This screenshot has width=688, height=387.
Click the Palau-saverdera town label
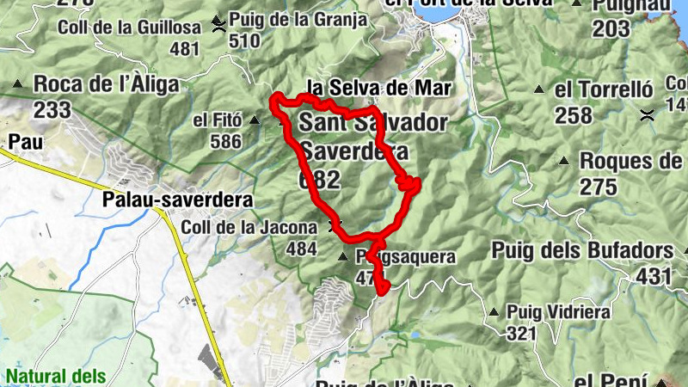pyautogui.click(x=176, y=200)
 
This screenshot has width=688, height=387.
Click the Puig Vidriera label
pyautogui.click(x=557, y=311)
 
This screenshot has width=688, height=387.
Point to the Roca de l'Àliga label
pyautogui.click(x=107, y=84)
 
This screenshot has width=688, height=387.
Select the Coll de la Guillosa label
pyautogui.click(x=129, y=28)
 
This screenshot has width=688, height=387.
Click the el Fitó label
pyautogui.click(x=216, y=120)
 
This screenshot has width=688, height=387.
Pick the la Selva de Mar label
pyautogui.click(x=379, y=87)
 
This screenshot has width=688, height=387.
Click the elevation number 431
pyautogui.click(x=654, y=276)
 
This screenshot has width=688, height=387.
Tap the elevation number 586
pyautogui.click(x=225, y=141)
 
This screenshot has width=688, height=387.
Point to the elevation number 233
pyautogui.click(x=52, y=109)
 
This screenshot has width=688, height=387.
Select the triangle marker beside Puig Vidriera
pyautogui.click(x=494, y=312)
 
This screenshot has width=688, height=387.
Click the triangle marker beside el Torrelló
pyautogui.click(x=540, y=89)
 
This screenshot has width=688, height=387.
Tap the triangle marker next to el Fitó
pyautogui.click(x=255, y=120)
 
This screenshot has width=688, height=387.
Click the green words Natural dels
pyautogui.click(x=56, y=376)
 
